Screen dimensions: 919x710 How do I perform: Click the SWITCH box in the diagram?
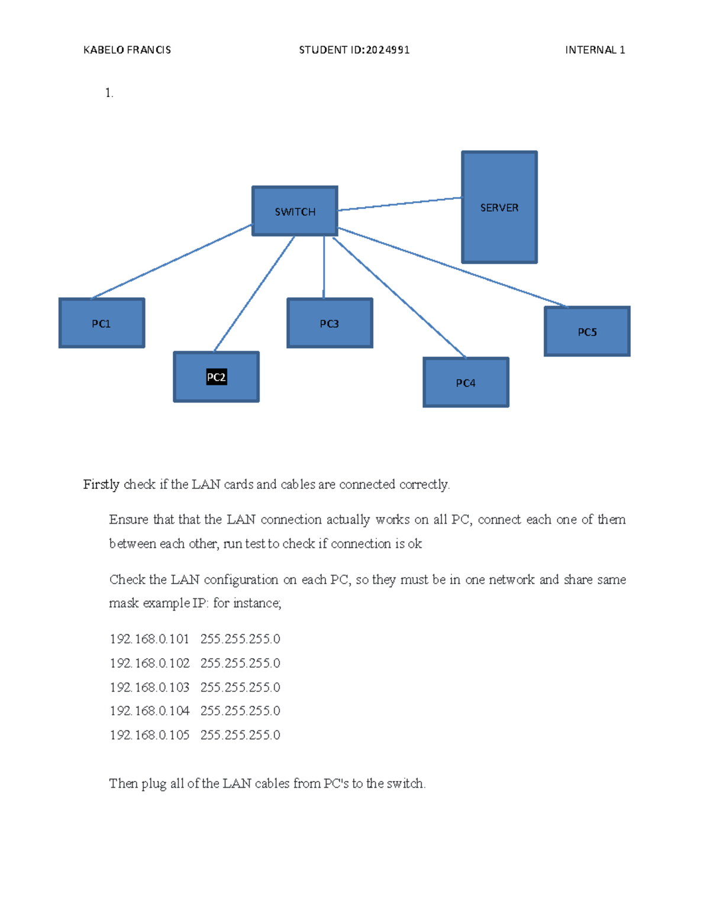tap(295, 211)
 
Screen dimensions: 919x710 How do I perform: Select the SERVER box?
tap(499, 207)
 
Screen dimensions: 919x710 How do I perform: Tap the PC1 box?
tap(101, 323)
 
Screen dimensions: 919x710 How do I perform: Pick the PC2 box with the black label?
tap(216, 377)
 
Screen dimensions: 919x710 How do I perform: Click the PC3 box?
tap(330, 323)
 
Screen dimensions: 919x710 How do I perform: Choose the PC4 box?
tap(466, 382)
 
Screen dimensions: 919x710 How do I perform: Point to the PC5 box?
tap(587, 331)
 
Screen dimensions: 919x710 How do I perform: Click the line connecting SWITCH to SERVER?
tap(400, 204)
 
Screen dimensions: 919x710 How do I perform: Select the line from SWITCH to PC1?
tap(172, 261)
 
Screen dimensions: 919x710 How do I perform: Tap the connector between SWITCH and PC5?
tap(453, 267)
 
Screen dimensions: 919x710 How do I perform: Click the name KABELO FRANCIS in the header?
tap(127, 50)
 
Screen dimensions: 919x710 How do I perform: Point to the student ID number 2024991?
tap(388, 50)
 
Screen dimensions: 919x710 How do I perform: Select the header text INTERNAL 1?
tap(595, 50)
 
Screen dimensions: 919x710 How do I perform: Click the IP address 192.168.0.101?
tap(149, 639)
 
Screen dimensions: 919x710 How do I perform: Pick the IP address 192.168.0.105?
tap(149, 735)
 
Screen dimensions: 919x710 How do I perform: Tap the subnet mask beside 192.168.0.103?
tap(240, 687)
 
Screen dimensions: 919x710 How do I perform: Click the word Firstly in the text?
tap(101, 485)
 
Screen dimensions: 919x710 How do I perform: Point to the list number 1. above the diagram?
tap(109, 92)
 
